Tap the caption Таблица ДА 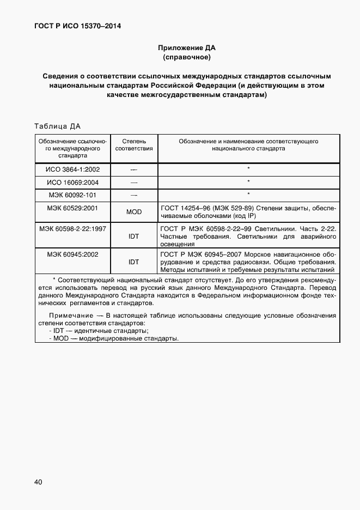(x=57, y=126)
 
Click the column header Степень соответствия (x=134, y=144)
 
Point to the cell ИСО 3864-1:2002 (x=73, y=169)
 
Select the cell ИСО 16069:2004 (x=72, y=183)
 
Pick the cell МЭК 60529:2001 (x=72, y=208)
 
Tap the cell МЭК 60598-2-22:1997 (x=72, y=228)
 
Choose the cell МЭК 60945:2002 (x=72, y=254)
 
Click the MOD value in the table (x=134, y=212)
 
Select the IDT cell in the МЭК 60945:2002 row (x=134, y=262)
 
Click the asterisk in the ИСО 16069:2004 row (x=248, y=182)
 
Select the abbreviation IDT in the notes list (x=59, y=331)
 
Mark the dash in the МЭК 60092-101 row (x=134, y=195)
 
